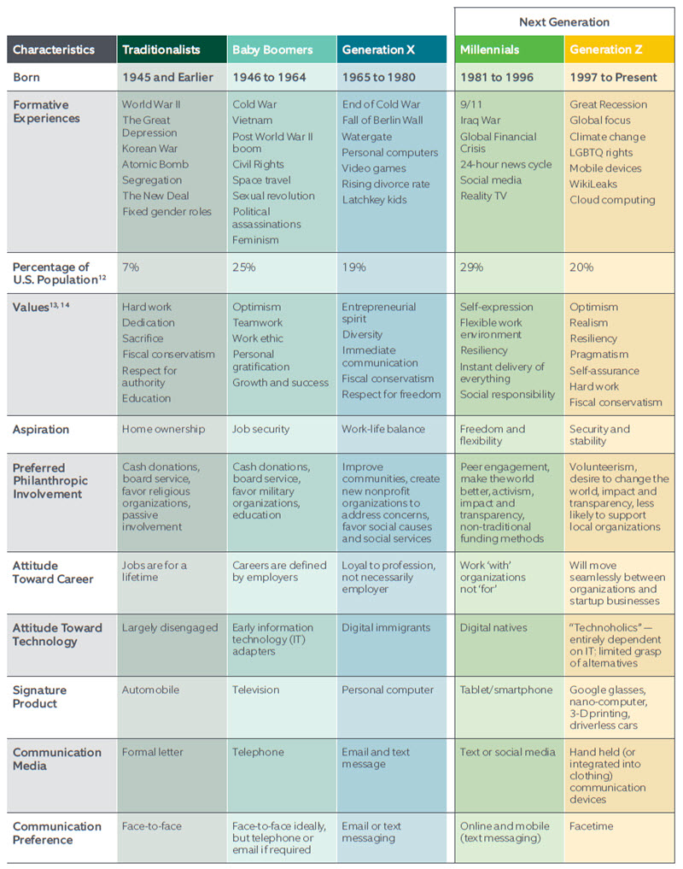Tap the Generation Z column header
pos(606,50)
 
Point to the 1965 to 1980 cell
pos(379,77)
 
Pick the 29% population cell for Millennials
pos(471,267)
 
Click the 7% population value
pos(131,267)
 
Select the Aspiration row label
pos(41,429)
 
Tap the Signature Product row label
pos(39,696)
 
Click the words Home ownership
pos(163,429)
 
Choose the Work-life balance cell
pos(383,429)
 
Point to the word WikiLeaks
pos(593,184)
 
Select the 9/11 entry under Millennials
pos(471,104)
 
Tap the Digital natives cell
pos(493,627)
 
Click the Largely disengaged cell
pos(169,627)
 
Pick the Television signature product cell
pos(255,690)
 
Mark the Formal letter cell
pos(152,752)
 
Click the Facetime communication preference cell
pos(592,826)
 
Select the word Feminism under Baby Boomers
pos(256,240)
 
